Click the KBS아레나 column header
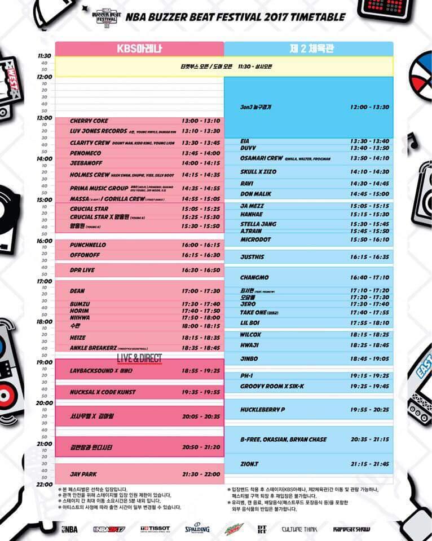(139, 48)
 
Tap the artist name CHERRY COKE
(89, 121)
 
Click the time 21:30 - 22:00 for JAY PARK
(201, 475)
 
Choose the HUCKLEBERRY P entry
(263, 409)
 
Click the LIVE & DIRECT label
(139, 358)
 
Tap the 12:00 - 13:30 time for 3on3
(369, 107)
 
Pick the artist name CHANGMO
(254, 278)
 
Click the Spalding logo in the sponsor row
(197, 529)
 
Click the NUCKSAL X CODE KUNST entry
(103, 392)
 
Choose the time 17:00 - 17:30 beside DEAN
(201, 291)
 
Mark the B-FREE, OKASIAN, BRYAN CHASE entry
(283, 440)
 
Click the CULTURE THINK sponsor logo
(299, 529)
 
